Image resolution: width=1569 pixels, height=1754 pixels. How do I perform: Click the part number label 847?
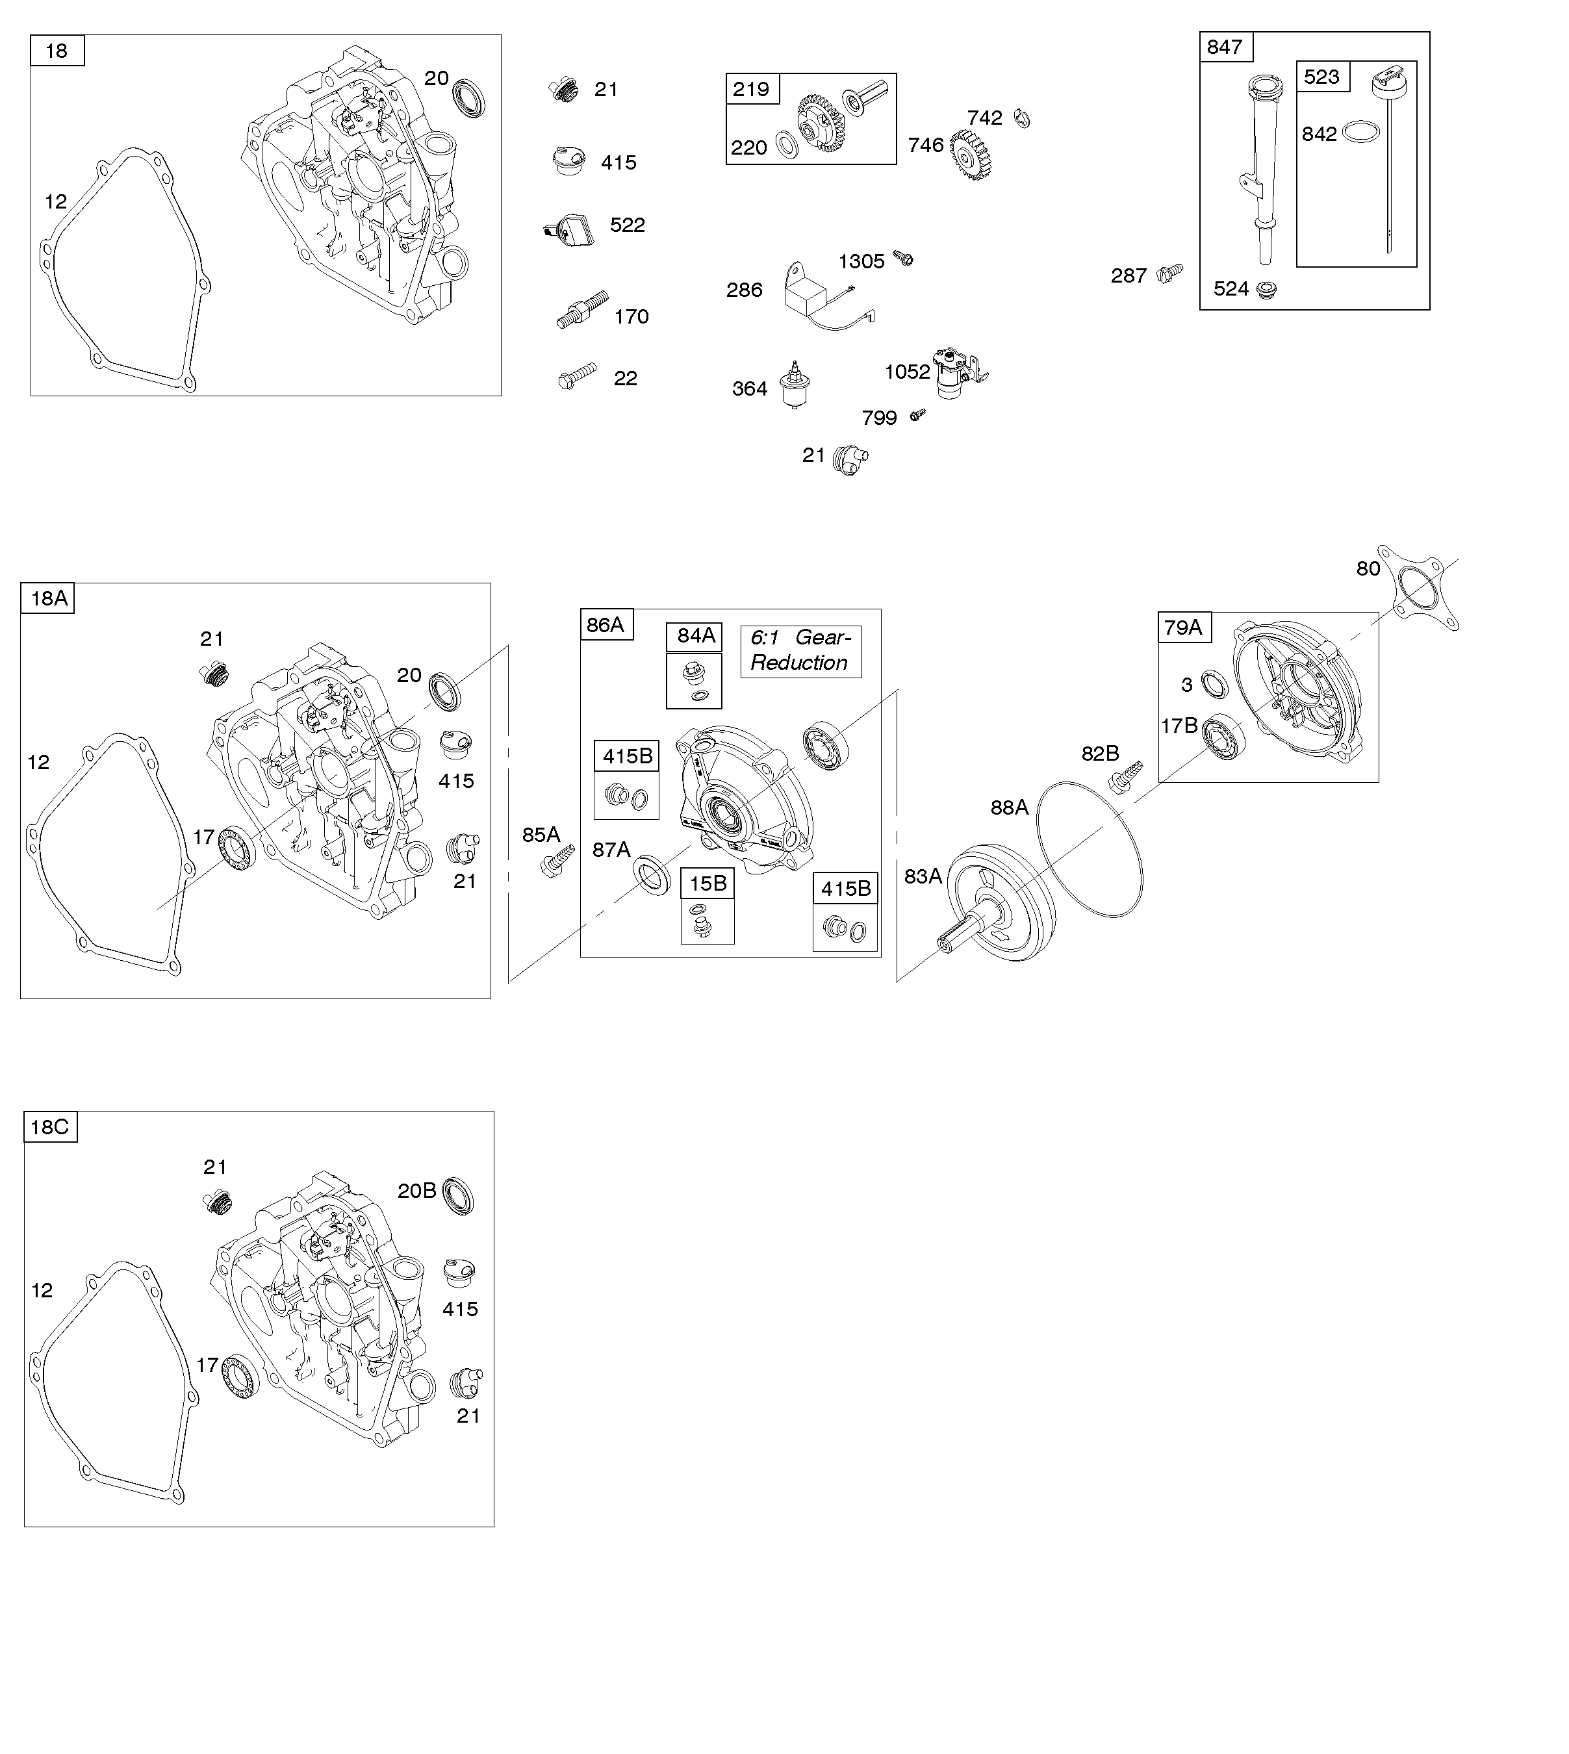(x=1224, y=47)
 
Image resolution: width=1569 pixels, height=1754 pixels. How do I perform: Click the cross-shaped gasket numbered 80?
(x=1417, y=590)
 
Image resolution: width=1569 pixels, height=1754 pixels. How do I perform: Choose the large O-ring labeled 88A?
(x=1090, y=849)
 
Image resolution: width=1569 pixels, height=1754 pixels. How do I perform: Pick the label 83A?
(x=923, y=876)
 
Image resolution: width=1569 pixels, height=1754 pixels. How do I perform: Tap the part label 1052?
(x=907, y=372)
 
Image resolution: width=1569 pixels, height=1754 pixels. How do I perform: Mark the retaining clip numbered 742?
(x=1023, y=118)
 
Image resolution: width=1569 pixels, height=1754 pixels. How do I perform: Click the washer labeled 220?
(x=787, y=145)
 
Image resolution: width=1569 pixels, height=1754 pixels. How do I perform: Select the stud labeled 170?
(x=582, y=309)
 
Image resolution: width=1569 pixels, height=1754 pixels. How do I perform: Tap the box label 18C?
(x=50, y=1126)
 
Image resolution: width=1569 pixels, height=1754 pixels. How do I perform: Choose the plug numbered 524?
(x=1266, y=290)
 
